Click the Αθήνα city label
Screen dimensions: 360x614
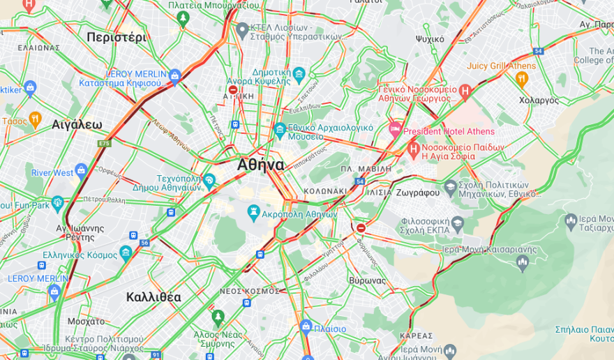coord(260,165)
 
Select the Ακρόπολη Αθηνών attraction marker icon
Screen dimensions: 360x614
coord(254,211)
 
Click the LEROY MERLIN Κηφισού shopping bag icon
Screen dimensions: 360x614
coord(174,75)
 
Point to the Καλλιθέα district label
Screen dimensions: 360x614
coord(153,297)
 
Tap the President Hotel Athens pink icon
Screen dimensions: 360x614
coord(395,130)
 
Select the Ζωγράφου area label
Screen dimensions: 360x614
coord(417,192)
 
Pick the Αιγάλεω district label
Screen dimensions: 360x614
coord(77,125)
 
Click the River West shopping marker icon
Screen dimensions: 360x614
coord(82,170)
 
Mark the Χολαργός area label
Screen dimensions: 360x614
coord(539,100)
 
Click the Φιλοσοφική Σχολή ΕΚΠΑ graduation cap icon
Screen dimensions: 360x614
coord(458,224)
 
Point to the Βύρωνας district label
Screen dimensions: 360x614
coord(367,280)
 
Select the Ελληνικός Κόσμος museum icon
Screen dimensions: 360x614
coord(126,253)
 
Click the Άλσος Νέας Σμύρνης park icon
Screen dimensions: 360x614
coord(218,317)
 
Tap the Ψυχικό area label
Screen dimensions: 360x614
coord(429,39)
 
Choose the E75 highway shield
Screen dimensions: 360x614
coord(105,144)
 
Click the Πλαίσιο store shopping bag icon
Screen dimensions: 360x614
coord(306,327)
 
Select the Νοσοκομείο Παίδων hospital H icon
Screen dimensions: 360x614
coord(414,149)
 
